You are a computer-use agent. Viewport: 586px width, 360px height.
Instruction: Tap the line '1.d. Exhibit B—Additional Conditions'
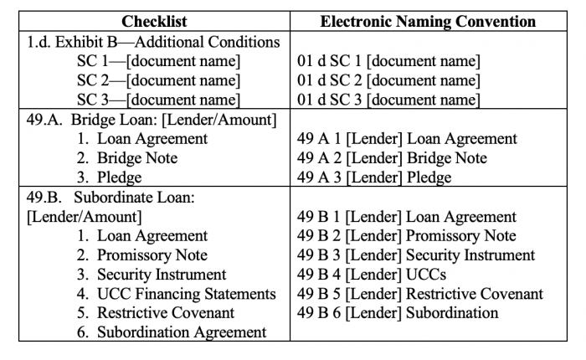(x=151, y=42)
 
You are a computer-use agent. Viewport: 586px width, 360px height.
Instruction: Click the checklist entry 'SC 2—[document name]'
(x=158, y=80)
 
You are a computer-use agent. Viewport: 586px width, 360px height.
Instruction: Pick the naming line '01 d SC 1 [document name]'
(x=388, y=61)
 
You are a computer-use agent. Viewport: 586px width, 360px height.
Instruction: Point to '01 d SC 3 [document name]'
(x=388, y=100)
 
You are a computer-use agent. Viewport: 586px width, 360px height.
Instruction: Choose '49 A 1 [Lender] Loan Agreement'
(x=407, y=139)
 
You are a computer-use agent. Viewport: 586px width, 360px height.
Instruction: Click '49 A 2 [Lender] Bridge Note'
(x=392, y=158)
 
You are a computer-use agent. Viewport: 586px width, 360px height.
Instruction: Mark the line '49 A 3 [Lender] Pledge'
(x=374, y=177)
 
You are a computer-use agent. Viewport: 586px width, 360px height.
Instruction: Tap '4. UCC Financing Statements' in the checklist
(x=176, y=294)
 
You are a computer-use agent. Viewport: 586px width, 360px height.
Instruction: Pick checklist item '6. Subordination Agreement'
(x=171, y=332)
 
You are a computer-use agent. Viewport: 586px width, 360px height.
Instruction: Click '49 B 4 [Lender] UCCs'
(x=372, y=275)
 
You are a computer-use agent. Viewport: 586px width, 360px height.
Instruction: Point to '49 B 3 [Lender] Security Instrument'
(x=415, y=255)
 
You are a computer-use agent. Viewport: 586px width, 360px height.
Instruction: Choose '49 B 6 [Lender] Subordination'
(x=398, y=313)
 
